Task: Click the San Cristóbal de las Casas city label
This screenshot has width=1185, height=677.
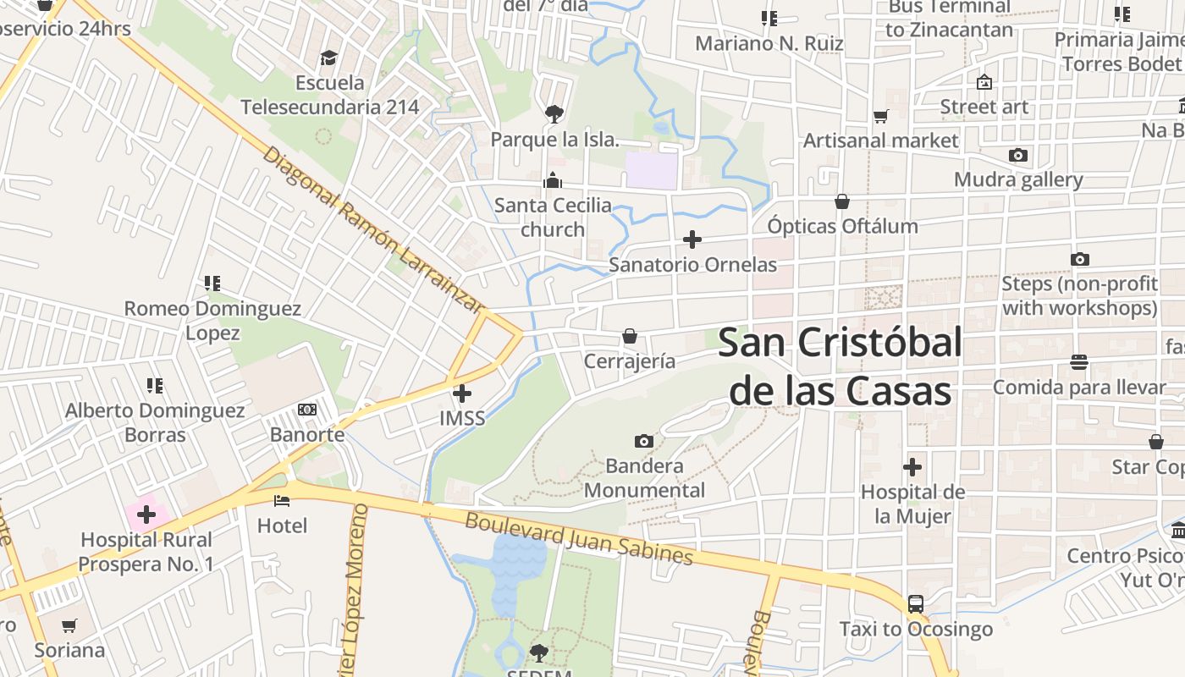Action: click(x=840, y=367)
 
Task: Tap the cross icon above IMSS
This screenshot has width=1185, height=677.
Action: click(x=462, y=394)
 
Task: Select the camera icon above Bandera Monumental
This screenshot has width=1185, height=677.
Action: click(x=644, y=441)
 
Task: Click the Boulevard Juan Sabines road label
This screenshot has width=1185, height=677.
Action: click(x=579, y=538)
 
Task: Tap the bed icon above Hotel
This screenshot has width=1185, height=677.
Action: click(x=282, y=501)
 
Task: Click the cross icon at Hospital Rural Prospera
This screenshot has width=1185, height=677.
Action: click(x=146, y=514)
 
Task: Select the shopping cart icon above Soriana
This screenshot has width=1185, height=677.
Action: click(x=69, y=626)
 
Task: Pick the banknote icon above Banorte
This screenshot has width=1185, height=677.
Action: click(x=307, y=410)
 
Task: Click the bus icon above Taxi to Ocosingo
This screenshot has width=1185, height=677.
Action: click(x=916, y=604)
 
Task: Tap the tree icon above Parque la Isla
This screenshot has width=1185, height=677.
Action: click(x=554, y=113)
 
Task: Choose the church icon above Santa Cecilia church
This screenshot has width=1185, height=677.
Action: click(x=553, y=179)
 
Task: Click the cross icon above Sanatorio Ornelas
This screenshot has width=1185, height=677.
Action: click(x=692, y=239)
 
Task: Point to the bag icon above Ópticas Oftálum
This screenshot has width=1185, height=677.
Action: click(x=842, y=201)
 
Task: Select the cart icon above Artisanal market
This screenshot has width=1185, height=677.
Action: click(x=881, y=116)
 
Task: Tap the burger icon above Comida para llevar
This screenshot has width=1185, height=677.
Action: click(x=1079, y=362)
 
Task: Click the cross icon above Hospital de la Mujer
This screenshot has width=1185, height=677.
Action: click(x=912, y=467)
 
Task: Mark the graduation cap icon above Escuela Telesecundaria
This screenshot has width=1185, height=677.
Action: click(x=328, y=58)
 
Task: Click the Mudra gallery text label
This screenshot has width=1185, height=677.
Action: click(x=1018, y=179)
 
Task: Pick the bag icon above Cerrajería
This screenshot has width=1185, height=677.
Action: click(x=630, y=336)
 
